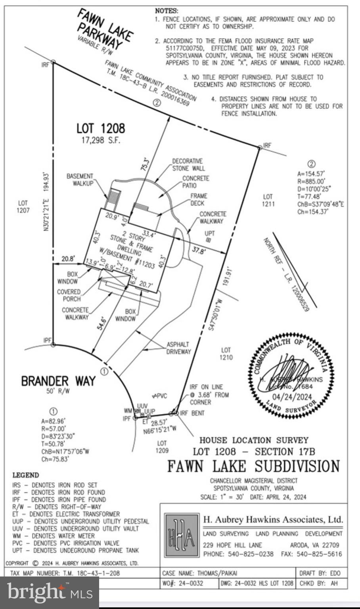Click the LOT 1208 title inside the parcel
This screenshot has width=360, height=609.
[100, 128]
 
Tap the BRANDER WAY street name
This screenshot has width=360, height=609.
[58, 381]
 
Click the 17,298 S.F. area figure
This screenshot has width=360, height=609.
[101, 140]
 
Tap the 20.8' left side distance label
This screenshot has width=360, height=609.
[68, 259]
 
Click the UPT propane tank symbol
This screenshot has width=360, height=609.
[209, 240]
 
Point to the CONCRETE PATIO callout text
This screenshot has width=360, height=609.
[195, 182]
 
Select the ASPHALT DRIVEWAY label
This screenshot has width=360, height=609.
[178, 348]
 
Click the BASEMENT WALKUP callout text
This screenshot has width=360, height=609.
[80, 180]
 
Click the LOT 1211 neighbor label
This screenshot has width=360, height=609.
[268, 200]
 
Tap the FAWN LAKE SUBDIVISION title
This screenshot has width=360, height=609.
[253, 466]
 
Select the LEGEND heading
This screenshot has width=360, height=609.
[26, 475]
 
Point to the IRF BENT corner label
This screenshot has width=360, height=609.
[192, 413]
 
